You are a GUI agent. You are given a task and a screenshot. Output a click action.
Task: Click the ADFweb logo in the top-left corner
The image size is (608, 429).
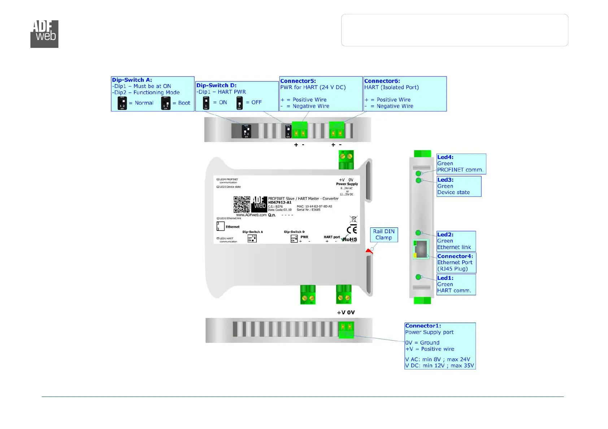click(x=44, y=34)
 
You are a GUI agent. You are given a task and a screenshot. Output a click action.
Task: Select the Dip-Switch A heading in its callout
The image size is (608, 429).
click(x=132, y=80)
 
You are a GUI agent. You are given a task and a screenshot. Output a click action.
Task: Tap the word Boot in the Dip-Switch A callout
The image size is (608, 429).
click(x=184, y=103)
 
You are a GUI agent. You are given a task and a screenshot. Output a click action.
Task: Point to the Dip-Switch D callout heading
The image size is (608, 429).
click(x=216, y=85)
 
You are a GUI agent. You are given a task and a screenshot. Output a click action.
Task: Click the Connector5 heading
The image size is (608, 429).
click(x=298, y=81)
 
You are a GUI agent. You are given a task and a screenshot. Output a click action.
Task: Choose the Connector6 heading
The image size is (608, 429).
click(x=382, y=81)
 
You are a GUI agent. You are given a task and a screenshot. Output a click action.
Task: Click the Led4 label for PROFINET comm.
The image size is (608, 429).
click(x=445, y=157)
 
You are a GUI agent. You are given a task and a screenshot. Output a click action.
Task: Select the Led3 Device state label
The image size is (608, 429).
click(x=445, y=180)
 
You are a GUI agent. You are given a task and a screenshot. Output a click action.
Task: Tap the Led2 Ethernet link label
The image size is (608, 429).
click(x=445, y=235)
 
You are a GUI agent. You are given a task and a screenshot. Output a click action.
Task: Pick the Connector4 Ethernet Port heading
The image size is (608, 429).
click(x=455, y=256)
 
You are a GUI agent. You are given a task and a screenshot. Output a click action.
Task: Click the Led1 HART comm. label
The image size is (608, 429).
click(x=445, y=278)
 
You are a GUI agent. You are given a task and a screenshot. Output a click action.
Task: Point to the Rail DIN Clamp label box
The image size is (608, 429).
click(x=384, y=234)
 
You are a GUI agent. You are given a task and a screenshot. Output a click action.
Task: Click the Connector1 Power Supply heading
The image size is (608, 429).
click(x=423, y=326)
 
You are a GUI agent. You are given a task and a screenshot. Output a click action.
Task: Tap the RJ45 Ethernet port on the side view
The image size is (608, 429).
click(x=421, y=248)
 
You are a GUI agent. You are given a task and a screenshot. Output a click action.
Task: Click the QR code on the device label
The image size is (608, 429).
click(x=242, y=204)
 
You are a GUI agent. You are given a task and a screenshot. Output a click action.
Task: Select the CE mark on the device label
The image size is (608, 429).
click(x=352, y=230)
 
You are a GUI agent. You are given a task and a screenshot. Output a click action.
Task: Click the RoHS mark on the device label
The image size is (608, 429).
click(x=349, y=239)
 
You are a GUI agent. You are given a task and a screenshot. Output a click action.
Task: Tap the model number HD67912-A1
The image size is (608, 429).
click(x=279, y=203)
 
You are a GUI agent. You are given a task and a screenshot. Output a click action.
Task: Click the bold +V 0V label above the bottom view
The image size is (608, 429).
click(x=346, y=313)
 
